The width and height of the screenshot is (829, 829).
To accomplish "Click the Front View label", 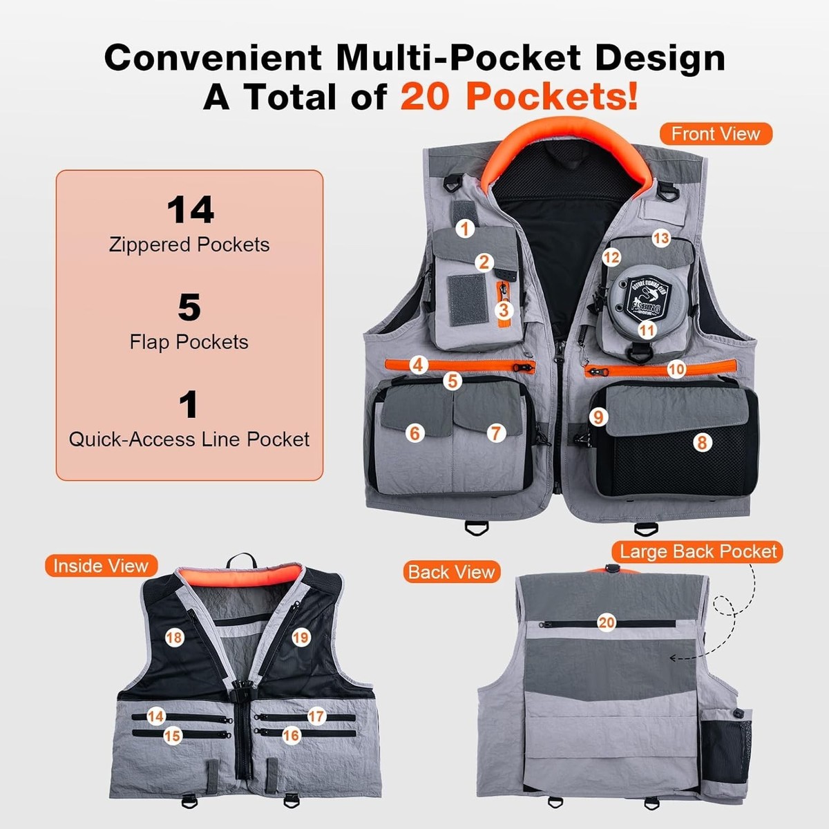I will pyautogui.click(x=715, y=134).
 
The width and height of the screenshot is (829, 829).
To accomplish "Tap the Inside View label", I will pyautogui.click(x=101, y=566).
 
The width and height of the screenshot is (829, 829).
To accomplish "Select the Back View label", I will pyautogui.click(x=451, y=572).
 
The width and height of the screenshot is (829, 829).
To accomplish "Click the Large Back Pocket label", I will pyautogui.click(x=698, y=551).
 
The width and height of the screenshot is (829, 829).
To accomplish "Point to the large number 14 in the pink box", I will pyautogui.click(x=190, y=209).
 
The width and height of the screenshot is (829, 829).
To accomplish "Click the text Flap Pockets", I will pyautogui.click(x=189, y=342).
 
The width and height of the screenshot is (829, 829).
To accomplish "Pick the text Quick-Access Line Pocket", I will pyautogui.click(x=189, y=439).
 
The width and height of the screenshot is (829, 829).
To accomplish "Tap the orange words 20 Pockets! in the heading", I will pyautogui.click(x=518, y=97).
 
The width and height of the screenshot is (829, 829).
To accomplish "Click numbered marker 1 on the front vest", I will pyautogui.click(x=465, y=228).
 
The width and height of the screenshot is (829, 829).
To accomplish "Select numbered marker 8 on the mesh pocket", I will pyautogui.click(x=702, y=442).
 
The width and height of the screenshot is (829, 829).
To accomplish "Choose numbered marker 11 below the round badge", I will pyautogui.click(x=647, y=330).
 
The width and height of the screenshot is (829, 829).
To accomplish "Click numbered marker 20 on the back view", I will pyautogui.click(x=607, y=622).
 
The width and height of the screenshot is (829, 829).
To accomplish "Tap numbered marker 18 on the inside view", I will pyautogui.click(x=174, y=637).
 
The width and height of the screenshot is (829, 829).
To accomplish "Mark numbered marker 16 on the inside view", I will pyautogui.click(x=291, y=735).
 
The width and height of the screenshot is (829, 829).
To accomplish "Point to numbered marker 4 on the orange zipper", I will pyautogui.click(x=418, y=364).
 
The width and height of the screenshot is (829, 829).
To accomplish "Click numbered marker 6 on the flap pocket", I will pyautogui.click(x=414, y=432).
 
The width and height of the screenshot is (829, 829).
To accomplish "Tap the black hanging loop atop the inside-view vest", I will pyautogui.click(x=238, y=558).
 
